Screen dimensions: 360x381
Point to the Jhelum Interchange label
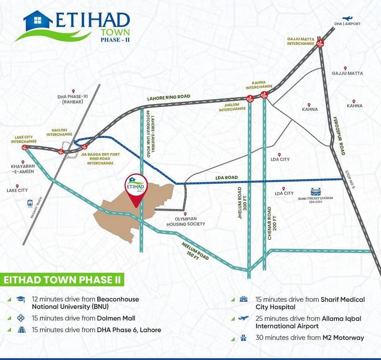(232, 107)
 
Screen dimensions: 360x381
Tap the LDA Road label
(227, 177)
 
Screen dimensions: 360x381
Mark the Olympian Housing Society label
(185, 221)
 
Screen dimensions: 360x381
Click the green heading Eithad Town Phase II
(62, 280)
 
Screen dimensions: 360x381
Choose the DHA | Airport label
(347, 24)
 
